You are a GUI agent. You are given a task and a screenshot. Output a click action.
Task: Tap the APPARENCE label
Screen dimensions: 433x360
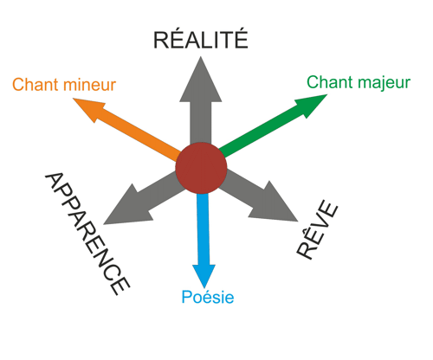pyautogui.click(x=87, y=234)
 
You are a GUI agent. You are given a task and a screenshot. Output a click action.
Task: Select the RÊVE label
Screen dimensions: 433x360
pyautogui.click(x=317, y=230)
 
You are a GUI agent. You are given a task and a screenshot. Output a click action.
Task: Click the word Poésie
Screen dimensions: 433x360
pyautogui.click(x=208, y=297)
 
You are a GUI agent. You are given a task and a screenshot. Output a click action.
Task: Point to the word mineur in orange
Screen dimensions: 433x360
pyautogui.click(x=90, y=85)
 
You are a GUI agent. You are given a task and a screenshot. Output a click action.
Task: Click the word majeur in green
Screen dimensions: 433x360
pyautogui.click(x=384, y=83)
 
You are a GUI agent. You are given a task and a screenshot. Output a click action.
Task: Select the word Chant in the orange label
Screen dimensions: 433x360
pyautogui.click(x=36, y=85)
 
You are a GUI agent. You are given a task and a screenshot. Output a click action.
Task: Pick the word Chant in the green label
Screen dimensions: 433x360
pyautogui.click(x=330, y=82)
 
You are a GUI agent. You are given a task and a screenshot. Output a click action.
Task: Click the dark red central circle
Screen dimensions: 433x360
pyautogui.click(x=201, y=168)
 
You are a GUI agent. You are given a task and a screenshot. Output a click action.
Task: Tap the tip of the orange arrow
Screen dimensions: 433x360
pyautogui.click(x=73, y=99)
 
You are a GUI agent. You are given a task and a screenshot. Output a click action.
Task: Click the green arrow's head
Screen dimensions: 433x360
pyautogui.click(x=312, y=105)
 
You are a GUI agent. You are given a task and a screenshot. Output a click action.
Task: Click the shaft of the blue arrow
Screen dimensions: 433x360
pyautogui.click(x=203, y=229)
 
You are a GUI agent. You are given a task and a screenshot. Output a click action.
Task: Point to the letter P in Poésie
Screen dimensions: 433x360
pyautogui.click(x=186, y=297)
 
